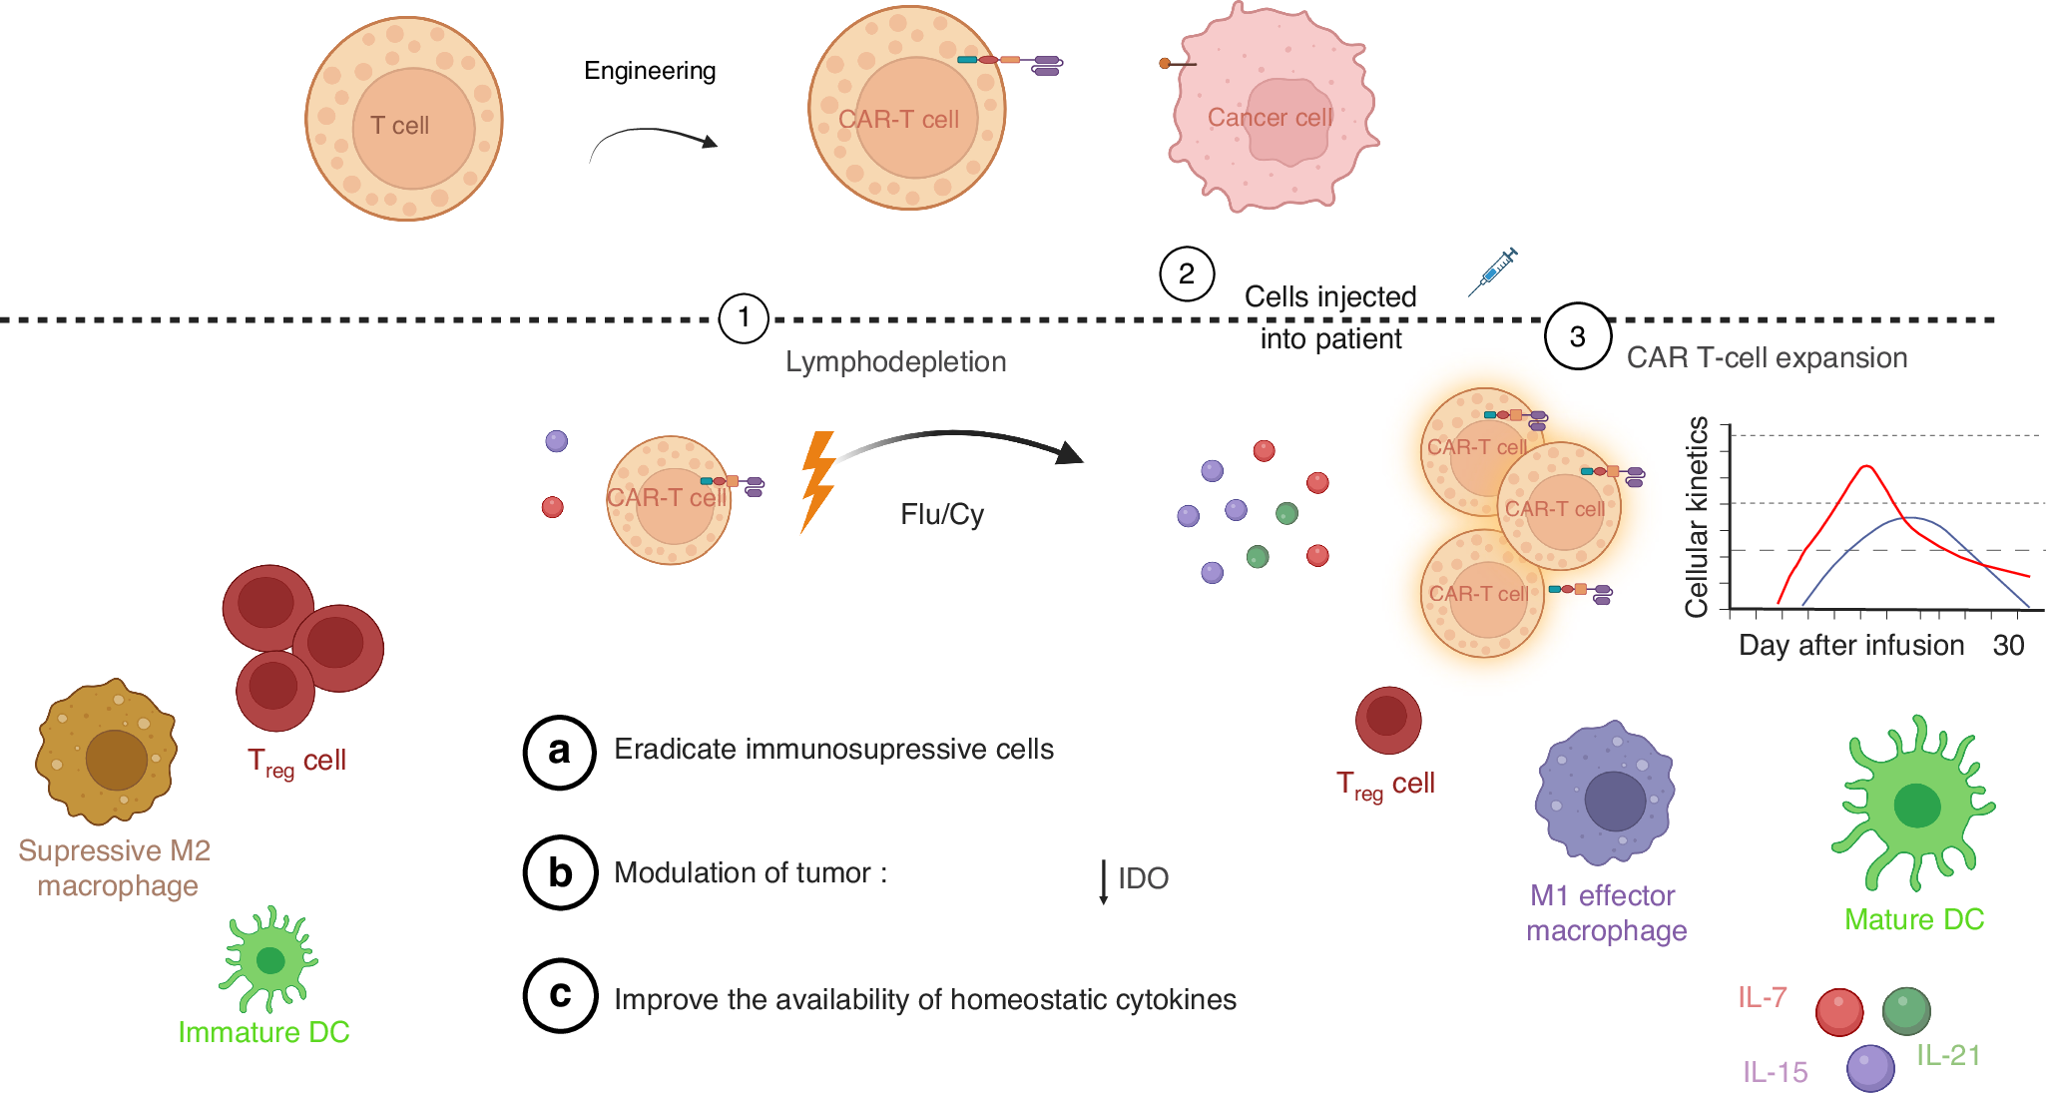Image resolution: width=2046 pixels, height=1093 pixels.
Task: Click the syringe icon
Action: [1493, 272]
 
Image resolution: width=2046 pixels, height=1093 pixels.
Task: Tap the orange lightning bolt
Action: [817, 482]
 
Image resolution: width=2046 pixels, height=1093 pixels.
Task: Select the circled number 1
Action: [744, 318]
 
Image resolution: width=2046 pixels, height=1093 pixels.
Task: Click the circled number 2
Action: [1186, 273]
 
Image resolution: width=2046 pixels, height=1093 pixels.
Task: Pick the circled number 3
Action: [1577, 336]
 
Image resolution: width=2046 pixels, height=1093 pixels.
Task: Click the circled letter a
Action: [560, 752]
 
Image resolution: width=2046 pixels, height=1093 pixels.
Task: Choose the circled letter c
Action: [560, 995]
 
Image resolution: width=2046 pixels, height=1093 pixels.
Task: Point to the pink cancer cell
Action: [1272, 110]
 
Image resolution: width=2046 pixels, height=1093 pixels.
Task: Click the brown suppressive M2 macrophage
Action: [107, 753]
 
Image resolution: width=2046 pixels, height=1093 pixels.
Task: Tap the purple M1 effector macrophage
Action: [1605, 793]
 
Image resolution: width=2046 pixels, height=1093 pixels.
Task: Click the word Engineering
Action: [650, 71]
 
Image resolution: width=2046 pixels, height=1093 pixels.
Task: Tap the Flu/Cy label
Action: [941, 514]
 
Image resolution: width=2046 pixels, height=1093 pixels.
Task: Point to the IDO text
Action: [1143, 878]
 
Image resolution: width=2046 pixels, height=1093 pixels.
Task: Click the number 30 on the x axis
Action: [2008, 646]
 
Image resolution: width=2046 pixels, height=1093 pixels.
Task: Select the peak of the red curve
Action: [1865, 466]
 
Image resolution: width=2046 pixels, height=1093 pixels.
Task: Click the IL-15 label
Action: [1775, 1072]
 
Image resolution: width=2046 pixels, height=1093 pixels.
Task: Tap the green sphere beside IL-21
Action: [1905, 1011]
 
